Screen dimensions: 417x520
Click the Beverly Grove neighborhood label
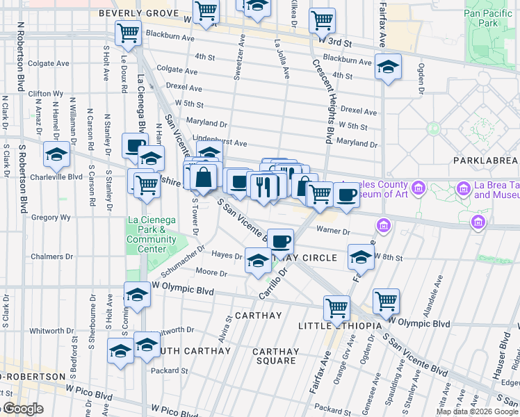[135, 13]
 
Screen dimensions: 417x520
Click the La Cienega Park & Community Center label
[156, 235]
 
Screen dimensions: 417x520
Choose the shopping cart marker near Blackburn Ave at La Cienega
[129, 32]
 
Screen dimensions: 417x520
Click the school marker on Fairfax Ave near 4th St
[388, 67]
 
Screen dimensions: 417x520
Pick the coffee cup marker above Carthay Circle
[280, 241]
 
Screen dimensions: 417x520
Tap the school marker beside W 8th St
[360, 258]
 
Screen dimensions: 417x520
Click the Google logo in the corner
[22, 409]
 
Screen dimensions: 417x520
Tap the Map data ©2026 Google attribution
[477, 411]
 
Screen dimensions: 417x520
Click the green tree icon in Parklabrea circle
[434, 129]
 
